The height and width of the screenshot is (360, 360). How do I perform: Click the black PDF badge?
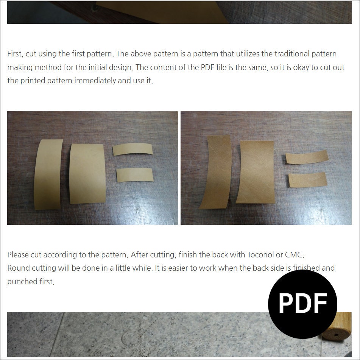(302, 303)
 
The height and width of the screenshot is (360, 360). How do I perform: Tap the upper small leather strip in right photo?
(306, 156)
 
